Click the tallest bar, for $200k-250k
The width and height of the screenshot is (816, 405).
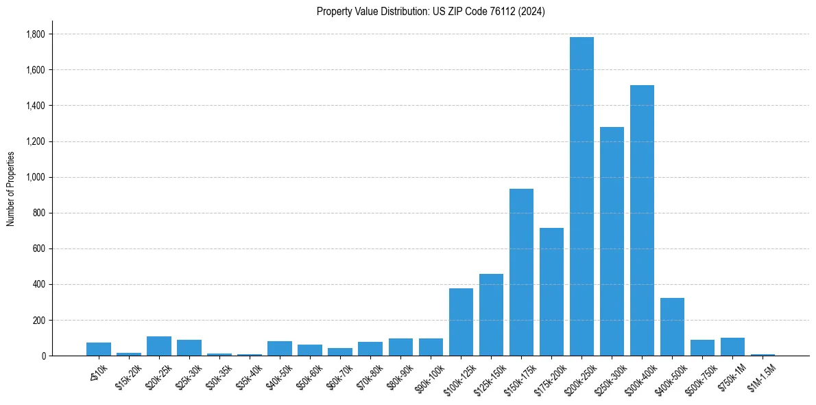pyautogui.click(x=581, y=196)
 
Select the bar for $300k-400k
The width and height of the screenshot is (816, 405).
pyautogui.click(x=642, y=220)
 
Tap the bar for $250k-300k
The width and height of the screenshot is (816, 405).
pyautogui.click(x=612, y=241)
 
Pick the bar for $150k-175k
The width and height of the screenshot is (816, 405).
pyautogui.click(x=521, y=272)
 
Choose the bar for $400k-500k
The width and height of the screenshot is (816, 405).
pyautogui.click(x=672, y=327)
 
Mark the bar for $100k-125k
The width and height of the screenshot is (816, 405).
pyautogui.click(x=461, y=322)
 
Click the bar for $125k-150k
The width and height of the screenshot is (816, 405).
pyautogui.click(x=491, y=315)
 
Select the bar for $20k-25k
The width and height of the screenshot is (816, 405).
pyautogui.click(x=159, y=346)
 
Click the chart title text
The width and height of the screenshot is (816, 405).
pyautogui.click(x=431, y=12)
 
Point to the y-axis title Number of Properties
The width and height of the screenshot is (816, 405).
pyautogui.click(x=11, y=189)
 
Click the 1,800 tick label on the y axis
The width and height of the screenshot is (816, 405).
pyautogui.click(x=35, y=34)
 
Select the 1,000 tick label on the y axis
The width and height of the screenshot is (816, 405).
pyautogui.click(x=35, y=177)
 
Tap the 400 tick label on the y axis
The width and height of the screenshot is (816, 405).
pyautogui.click(x=38, y=284)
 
